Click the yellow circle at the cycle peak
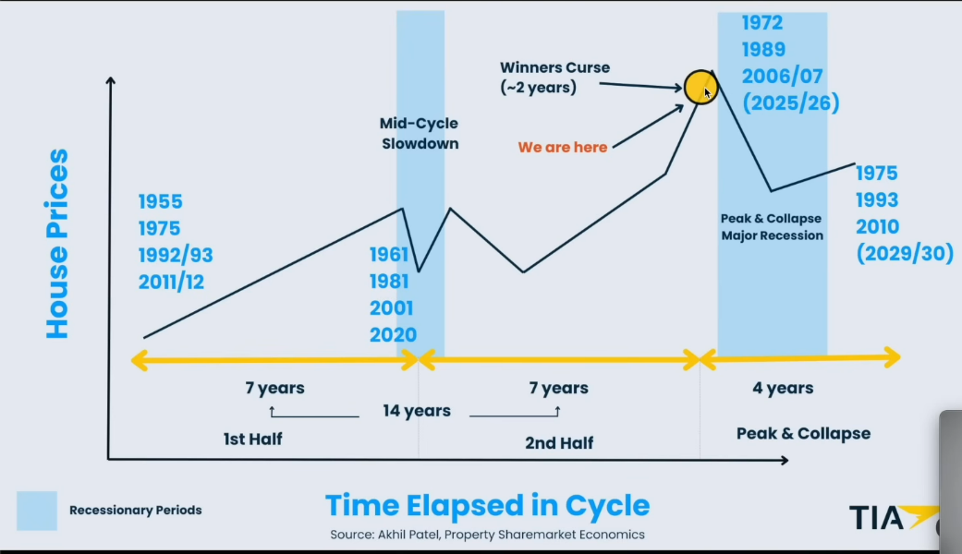[700, 87]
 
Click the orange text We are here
[563, 147]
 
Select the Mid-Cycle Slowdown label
[420, 133]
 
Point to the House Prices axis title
[57, 243]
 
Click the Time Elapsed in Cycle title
[487, 506]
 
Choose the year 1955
[160, 201]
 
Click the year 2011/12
[171, 282]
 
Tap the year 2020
[393, 334]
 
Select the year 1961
[389, 254]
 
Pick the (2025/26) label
[791, 103]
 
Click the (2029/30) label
[905, 253]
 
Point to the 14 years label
[417, 411]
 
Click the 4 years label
[783, 388]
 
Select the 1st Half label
[253, 439]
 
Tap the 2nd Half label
[559, 442]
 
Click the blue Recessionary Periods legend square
[37, 511]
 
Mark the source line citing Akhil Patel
[487, 535]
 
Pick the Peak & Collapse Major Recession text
[772, 227]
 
